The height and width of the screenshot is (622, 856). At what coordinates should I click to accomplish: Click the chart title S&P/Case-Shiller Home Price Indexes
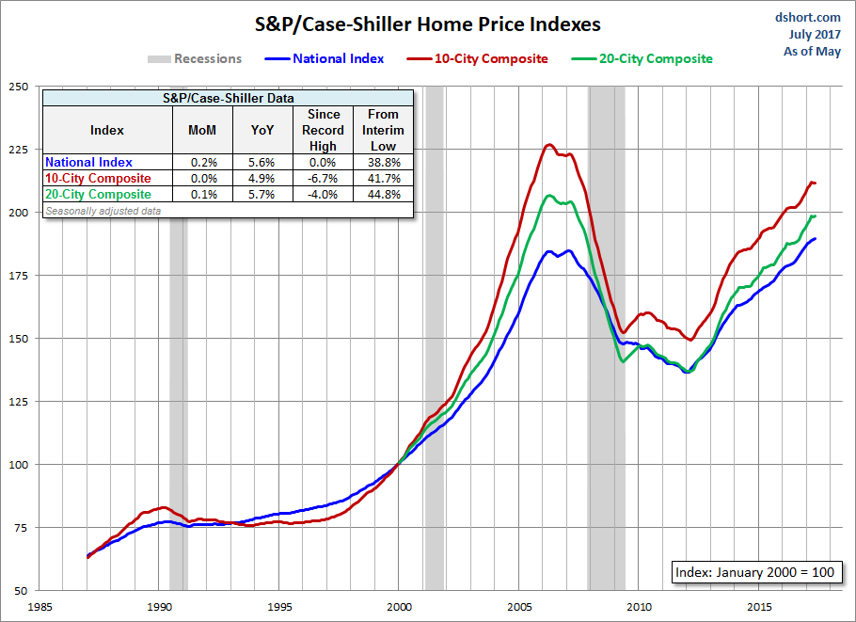pyautogui.click(x=427, y=23)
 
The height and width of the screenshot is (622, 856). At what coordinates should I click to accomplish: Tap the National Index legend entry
pyautogui.click(x=338, y=58)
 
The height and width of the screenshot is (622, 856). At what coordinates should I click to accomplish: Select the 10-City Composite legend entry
pyautogui.click(x=491, y=58)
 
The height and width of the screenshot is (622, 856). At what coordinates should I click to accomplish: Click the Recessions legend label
pyautogui.click(x=207, y=58)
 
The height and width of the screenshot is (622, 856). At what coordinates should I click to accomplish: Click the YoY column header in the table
pyautogui.click(x=262, y=130)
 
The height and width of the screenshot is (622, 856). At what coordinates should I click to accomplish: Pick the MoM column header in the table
pyautogui.click(x=202, y=130)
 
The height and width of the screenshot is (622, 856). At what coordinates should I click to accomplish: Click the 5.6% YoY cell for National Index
pyautogui.click(x=262, y=163)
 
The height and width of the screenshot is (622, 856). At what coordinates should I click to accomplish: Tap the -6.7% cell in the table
pyautogui.click(x=323, y=179)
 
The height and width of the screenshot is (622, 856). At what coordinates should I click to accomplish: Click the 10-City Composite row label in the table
pyautogui.click(x=98, y=179)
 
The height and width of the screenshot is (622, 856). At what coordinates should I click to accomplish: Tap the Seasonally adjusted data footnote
pyautogui.click(x=103, y=211)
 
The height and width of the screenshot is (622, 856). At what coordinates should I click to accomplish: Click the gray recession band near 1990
pyautogui.click(x=178, y=376)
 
